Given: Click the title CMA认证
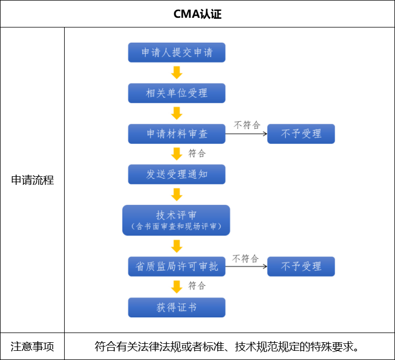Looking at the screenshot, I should click(197, 14).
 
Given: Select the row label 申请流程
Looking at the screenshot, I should click(32, 180).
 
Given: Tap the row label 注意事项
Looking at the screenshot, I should click(32, 346).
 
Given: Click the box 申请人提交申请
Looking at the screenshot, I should click(176, 53).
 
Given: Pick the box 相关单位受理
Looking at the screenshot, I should click(176, 93).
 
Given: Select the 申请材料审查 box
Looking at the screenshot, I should click(176, 134).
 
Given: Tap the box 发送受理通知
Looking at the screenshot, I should click(176, 175).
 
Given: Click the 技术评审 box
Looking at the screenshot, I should click(176, 220).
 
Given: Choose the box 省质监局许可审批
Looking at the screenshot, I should click(176, 267).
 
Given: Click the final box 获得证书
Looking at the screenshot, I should click(176, 308).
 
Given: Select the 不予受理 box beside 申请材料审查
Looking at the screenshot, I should click(301, 134).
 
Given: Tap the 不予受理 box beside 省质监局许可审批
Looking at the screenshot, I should click(301, 267).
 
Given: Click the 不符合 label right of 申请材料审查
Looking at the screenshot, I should click(247, 125).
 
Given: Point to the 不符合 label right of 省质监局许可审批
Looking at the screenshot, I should click(245, 259).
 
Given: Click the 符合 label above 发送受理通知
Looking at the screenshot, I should click(197, 154).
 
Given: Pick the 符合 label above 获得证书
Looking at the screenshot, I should click(197, 286).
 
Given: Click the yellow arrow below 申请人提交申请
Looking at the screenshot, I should click(176, 73).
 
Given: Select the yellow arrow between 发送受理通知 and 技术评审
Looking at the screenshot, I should click(176, 194).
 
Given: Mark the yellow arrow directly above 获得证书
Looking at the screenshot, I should click(176, 287).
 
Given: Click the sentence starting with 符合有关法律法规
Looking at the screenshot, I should click(227, 346).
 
